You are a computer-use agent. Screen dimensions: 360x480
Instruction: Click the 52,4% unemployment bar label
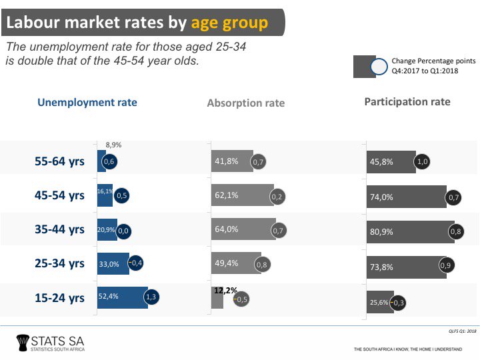click(109, 297)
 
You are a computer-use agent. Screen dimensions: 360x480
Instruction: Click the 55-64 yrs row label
click(60, 161)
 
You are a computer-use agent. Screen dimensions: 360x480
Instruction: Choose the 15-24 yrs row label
click(60, 298)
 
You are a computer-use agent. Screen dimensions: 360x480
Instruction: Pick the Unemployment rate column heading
click(87, 102)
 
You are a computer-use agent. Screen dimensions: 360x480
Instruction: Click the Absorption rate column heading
click(246, 103)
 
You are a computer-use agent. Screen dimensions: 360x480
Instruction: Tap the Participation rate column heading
click(407, 102)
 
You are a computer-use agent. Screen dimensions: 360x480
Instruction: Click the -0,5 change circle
click(241, 299)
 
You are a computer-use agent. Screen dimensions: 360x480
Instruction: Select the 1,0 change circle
click(422, 161)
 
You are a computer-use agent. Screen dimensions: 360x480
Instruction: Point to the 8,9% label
click(113, 145)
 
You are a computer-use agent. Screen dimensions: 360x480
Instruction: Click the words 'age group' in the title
click(229, 23)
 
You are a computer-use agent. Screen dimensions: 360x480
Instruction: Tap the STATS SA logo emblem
click(24, 343)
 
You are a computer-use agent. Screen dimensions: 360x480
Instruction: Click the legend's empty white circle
click(379, 67)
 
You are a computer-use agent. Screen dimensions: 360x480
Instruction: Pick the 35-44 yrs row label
click(60, 229)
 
